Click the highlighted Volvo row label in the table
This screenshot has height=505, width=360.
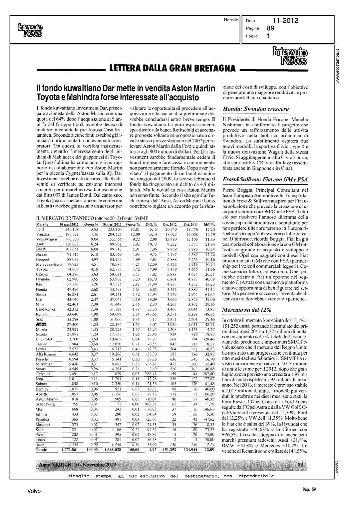[41, 324]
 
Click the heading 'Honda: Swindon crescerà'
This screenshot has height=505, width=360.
[256, 109]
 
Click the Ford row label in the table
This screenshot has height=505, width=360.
[40, 229]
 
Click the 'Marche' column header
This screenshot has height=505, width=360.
[42, 224]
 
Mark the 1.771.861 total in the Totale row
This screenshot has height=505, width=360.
[70, 450]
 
